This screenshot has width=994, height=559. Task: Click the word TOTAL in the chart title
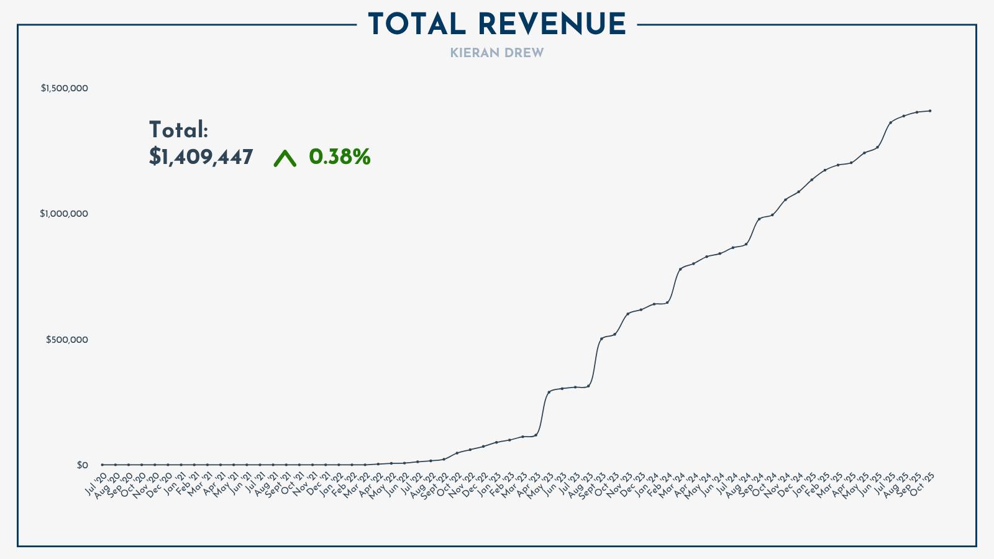(417, 25)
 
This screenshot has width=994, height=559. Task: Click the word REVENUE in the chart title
(552, 25)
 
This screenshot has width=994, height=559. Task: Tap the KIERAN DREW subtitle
(497, 53)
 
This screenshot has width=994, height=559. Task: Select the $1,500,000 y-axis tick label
(65, 88)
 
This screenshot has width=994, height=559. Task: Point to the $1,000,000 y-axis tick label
(65, 214)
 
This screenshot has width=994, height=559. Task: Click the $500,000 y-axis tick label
(67, 340)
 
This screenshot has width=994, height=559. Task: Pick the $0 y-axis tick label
(83, 465)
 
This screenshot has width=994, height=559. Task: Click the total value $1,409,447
(201, 157)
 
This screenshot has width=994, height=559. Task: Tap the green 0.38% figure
(339, 157)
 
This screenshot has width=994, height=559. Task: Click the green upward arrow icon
(285, 158)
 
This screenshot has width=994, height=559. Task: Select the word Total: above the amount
(178, 130)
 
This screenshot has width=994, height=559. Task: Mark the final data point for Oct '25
(929, 111)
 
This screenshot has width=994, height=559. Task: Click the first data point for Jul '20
(102, 465)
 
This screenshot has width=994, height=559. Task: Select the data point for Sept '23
(601, 338)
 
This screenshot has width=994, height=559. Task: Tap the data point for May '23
(549, 391)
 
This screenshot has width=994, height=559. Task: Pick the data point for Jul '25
(890, 122)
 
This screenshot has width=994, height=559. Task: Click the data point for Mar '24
(680, 268)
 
